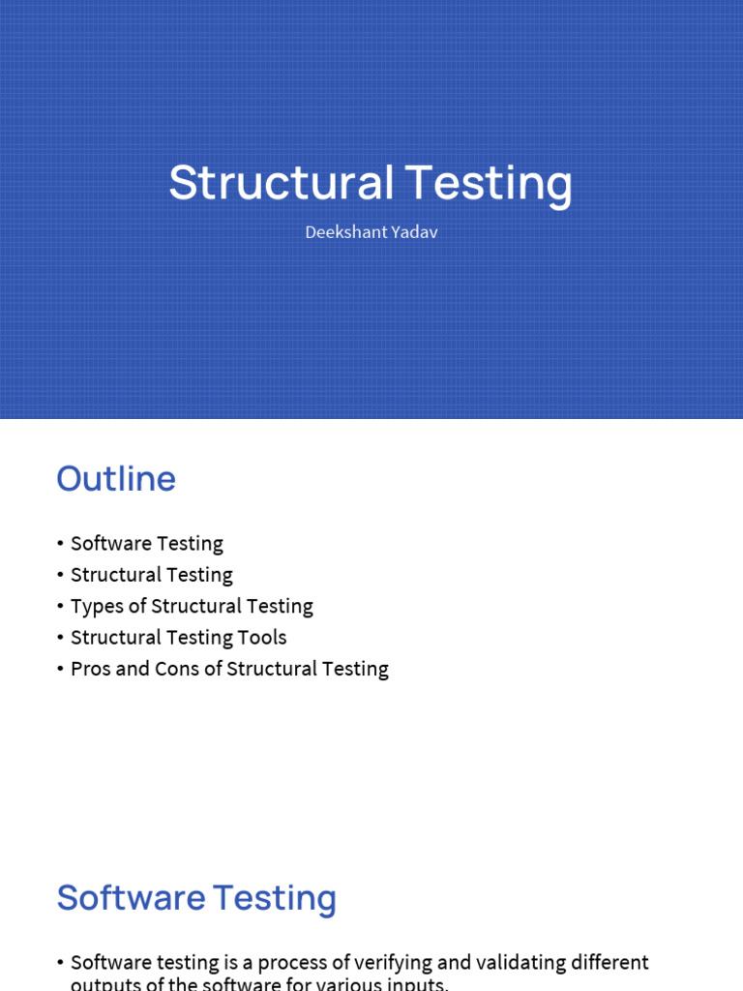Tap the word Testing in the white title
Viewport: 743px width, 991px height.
point(489,183)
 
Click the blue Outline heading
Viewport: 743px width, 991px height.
point(116,479)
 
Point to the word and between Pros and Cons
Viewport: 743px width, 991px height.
point(133,669)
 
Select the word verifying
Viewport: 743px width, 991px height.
point(386,963)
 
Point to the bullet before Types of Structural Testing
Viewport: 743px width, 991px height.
point(60,607)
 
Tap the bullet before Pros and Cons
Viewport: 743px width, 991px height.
point(60,670)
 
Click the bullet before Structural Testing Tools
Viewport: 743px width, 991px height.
point(60,638)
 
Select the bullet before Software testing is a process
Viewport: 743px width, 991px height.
point(60,964)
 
